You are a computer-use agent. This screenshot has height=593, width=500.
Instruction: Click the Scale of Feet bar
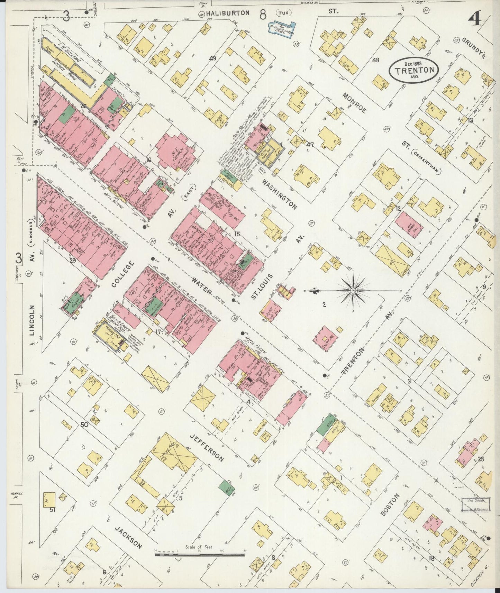point(200,555)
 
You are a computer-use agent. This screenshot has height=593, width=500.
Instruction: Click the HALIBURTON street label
point(228,13)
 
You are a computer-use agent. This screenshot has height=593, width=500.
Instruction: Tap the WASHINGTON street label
point(279,194)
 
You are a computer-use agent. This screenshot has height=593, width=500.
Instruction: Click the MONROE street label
point(354,103)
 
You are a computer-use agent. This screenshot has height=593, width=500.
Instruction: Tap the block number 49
point(212,58)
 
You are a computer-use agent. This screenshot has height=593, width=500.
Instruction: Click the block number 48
point(375,60)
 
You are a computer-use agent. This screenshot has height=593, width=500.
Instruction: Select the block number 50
point(84,425)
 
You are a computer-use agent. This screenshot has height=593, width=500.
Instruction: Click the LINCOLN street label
point(32,320)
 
